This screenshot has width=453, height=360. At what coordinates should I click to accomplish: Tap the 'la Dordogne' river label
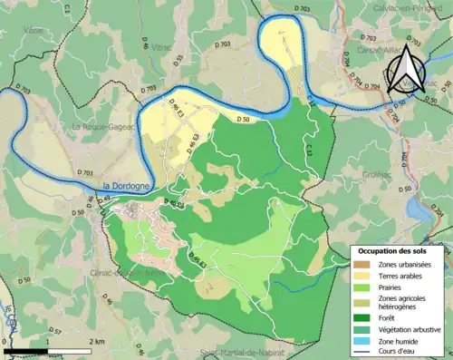tap(126, 186)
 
